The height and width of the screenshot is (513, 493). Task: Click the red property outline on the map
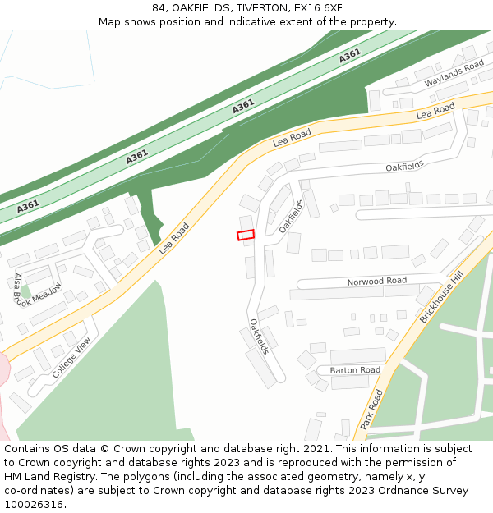click(x=246, y=236)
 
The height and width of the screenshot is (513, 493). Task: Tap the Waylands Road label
click(x=454, y=74)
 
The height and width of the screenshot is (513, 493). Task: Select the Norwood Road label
click(x=376, y=282)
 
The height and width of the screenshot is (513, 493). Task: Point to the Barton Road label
click(x=355, y=370)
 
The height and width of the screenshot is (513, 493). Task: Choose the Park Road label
click(x=371, y=410)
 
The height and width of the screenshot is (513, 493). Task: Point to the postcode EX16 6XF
click(x=316, y=8)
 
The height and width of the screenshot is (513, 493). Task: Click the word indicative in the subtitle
click(x=277, y=21)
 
